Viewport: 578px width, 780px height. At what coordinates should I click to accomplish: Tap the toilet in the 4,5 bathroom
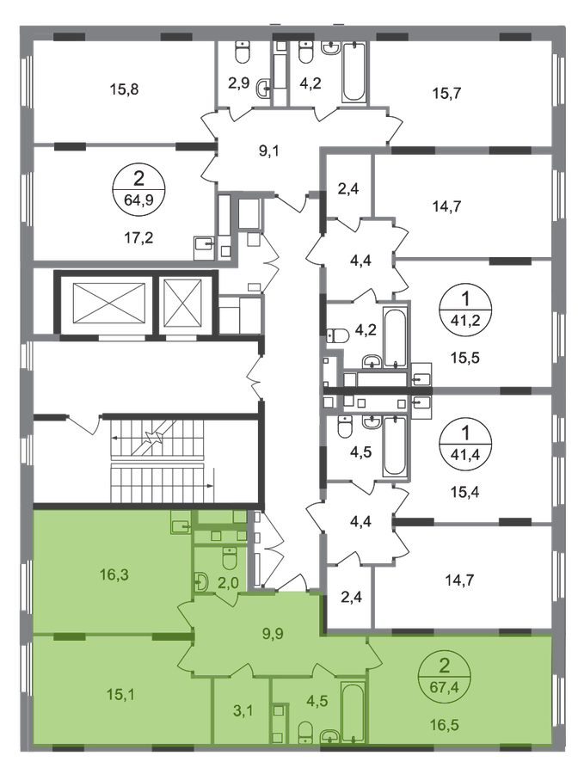[304, 733]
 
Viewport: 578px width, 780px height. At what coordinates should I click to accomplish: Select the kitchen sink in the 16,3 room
[180, 524]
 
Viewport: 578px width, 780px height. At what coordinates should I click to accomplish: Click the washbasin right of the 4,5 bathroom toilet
[329, 736]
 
